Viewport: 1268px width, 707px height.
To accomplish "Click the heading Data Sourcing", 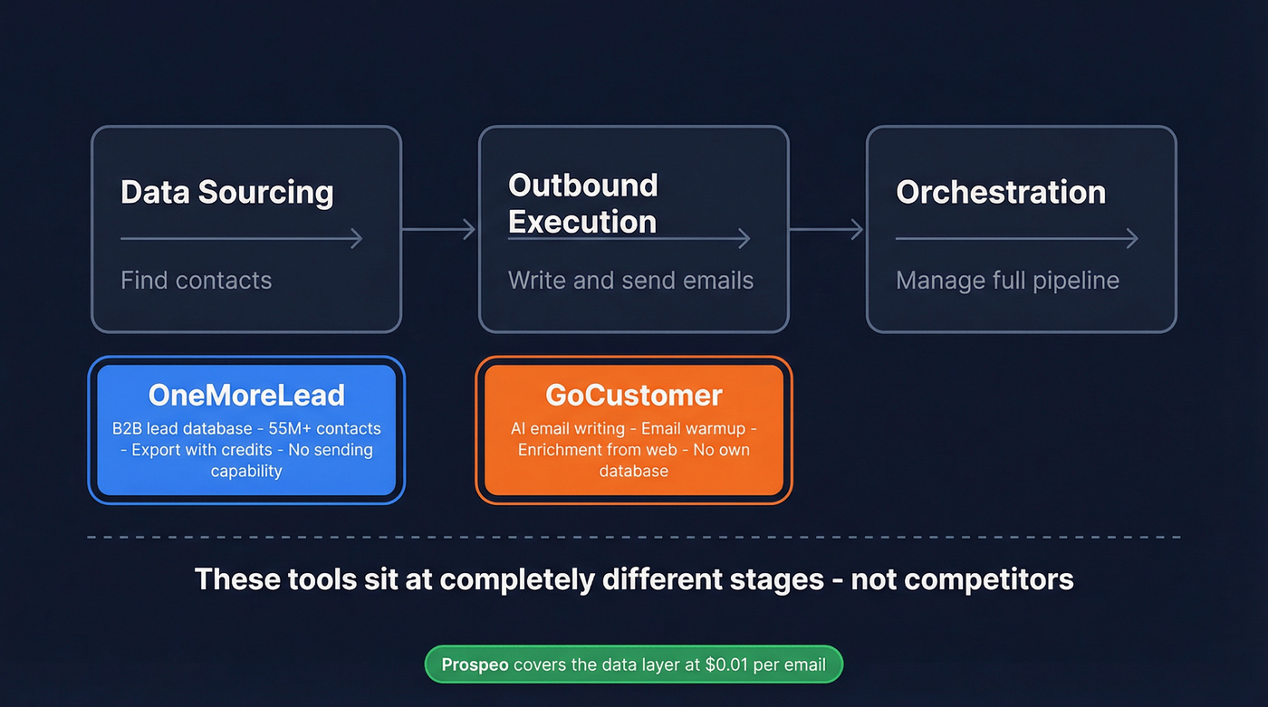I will click(227, 193).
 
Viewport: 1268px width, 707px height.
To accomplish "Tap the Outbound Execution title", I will click(582, 203).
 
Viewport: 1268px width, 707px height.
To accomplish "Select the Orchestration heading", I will click(1001, 193).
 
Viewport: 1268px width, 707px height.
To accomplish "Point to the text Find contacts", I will click(196, 281).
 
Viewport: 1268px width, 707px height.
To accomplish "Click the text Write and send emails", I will click(630, 281).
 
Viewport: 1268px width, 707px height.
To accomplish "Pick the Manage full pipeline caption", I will click(1007, 281).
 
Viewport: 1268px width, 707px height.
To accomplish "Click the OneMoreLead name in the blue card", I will click(246, 396).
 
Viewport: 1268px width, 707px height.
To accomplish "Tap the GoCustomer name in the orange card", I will click(634, 396).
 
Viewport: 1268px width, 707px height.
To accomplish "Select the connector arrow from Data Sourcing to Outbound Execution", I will click(439, 230).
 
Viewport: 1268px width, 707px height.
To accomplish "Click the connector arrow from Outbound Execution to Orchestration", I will click(827, 230).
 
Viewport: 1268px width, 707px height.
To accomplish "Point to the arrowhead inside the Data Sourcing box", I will click(357, 239).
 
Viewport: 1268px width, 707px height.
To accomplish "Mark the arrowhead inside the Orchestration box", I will click(1132, 239).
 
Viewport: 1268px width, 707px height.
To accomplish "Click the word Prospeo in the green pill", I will click(475, 665).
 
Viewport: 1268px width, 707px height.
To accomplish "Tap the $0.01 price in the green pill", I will click(730, 665).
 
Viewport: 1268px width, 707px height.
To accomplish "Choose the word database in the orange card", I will click(634, 471).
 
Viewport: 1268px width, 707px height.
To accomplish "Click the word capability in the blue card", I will click(246, 471).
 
